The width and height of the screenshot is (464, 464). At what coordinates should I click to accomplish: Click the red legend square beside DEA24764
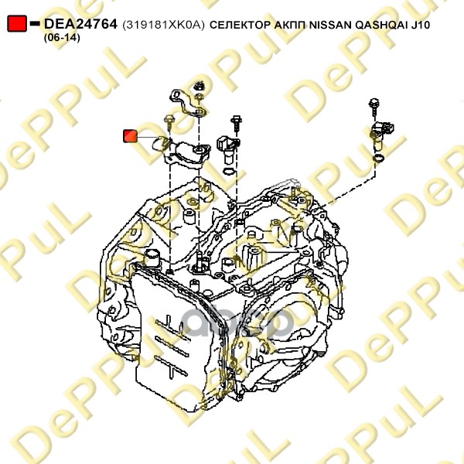click(16, 25)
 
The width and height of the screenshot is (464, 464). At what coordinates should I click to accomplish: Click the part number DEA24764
click(80, 25)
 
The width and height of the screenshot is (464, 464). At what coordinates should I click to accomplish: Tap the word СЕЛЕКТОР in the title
click(241, 26)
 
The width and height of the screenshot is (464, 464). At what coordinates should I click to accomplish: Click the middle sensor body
click(227, 144)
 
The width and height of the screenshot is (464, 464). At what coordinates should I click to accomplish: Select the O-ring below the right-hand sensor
click(377, 158)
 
